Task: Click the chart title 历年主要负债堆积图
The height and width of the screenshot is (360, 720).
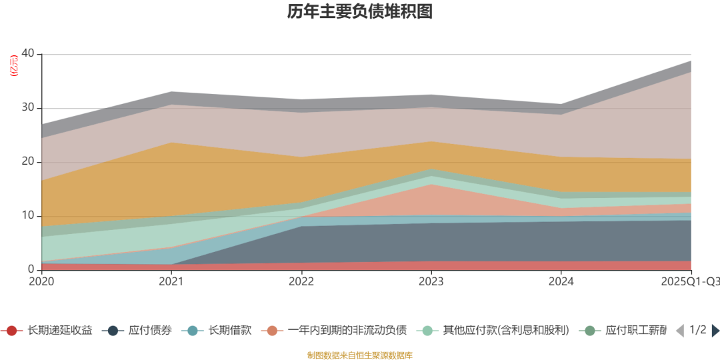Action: tap(360, 11)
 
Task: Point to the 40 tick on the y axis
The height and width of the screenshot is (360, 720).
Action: tap(29, 54)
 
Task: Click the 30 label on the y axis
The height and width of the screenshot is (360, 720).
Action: tap(29, 108)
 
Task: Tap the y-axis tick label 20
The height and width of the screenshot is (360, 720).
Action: tap(29, 162)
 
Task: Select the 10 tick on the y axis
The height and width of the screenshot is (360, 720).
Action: tap(29, 216)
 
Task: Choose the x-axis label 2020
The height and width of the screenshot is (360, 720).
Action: tap(42, 282)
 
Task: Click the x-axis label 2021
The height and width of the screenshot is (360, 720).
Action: tap(171, 282)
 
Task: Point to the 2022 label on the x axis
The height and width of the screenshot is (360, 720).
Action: tap(301, 282)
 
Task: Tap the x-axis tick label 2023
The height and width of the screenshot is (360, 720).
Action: tap(431, 282)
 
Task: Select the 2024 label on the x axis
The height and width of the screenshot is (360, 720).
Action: tap(561, 282)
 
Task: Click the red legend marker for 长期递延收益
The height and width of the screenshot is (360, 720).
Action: tap(11, 331)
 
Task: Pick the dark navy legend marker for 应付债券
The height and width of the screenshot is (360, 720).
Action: tap(113, 331)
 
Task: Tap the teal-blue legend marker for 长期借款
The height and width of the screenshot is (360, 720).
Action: tap(193, 331)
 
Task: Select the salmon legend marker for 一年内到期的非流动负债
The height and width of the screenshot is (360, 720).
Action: tap(272, 331)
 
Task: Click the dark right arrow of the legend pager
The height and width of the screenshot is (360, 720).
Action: tap(715, 331)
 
